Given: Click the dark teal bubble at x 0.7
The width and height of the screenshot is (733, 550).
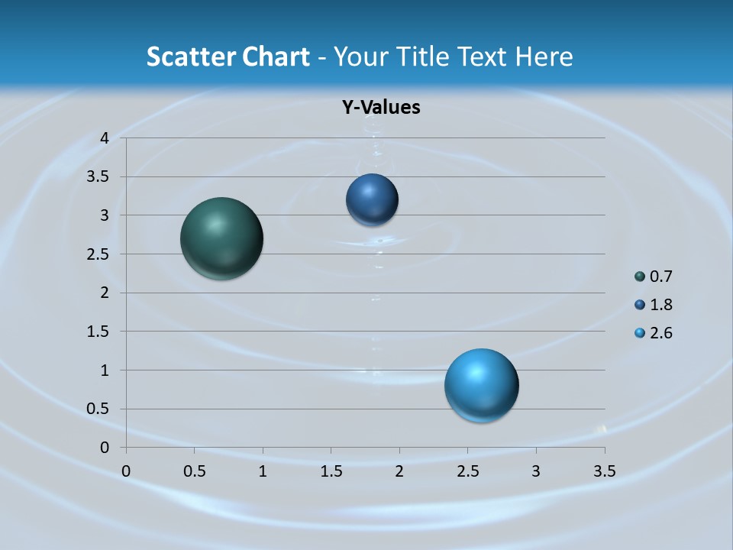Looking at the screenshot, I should click(221, 238).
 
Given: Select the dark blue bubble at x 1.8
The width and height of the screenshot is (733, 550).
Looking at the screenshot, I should click(372, 200).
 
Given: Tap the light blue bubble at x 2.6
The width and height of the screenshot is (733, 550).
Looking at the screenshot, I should click(481, 385).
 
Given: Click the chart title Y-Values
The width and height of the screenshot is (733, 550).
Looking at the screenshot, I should click(380, 107).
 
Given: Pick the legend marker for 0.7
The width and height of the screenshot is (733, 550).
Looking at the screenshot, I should click(640, 277).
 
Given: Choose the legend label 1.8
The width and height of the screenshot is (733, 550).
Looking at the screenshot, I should click(660, 305).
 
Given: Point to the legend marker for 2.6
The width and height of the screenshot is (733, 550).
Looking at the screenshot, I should click(640, 333).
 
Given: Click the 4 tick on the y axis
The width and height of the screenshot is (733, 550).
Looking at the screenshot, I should click(105, 138).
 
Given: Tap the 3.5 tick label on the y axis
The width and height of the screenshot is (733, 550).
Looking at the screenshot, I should click(98, 177).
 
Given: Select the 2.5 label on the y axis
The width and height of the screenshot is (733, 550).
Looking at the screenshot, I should click(98, 254).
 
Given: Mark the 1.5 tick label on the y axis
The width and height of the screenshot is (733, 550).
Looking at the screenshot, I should click(98, 332).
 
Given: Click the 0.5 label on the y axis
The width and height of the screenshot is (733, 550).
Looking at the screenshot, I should click(98, 409).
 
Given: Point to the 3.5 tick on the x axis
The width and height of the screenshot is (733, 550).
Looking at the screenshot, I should click(604, 471).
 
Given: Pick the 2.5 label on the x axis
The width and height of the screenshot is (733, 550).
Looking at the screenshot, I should click(467, 471).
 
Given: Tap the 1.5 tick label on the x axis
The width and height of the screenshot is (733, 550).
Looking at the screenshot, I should click(331, 471).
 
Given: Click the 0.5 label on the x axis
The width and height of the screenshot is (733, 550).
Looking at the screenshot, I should click(194, 471).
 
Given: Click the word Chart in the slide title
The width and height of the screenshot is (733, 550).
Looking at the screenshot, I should click(276, 57).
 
